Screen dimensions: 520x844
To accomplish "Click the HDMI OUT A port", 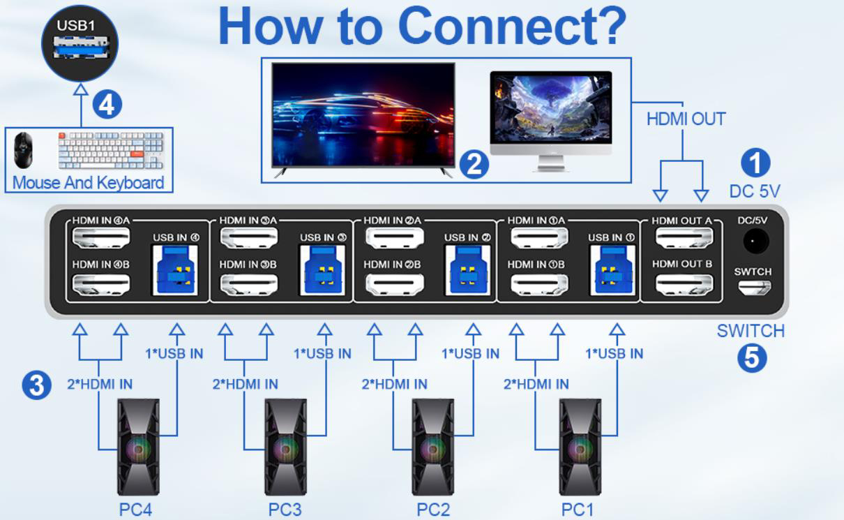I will coord(683,239).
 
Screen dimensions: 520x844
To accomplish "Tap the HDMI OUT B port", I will coord(683,284).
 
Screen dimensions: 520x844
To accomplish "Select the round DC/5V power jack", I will coord(754,242).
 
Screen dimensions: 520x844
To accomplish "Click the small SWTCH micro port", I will coord(754,287).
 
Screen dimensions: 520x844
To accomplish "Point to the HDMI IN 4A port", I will coord(101,239).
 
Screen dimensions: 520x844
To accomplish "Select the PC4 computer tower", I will coord(137,447).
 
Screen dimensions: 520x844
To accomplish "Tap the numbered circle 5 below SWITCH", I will coord(751,358).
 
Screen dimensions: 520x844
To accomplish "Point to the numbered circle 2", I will coord(474,165).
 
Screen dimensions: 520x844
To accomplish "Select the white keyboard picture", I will coord(110,150).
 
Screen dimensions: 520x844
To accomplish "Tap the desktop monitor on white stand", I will coord(550,119).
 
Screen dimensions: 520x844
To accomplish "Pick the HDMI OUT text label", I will coord(686,119).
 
